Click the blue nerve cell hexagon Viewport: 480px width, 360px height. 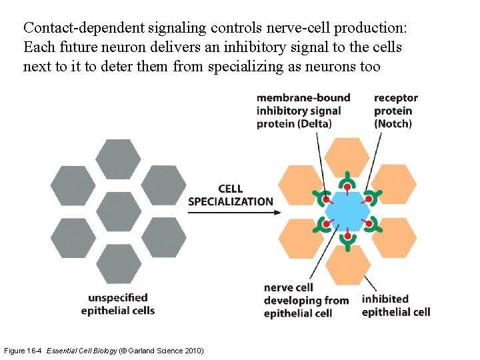(347, 211)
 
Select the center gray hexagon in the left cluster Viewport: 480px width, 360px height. (119, 211)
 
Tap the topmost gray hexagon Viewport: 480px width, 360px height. (119, 159)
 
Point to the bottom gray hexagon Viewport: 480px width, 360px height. (119, 264)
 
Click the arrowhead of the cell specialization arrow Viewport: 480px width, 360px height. (277, 213)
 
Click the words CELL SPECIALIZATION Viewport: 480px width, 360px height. (231, 195)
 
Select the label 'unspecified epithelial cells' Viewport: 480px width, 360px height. (118, 304)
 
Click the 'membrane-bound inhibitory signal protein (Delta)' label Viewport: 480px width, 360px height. (303, 111)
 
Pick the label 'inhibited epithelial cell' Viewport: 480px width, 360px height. (395, 305)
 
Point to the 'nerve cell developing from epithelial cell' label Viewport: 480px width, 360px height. (306, 300)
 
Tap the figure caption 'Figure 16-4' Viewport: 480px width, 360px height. (24, 351)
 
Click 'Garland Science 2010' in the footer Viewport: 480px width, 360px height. (166, 351)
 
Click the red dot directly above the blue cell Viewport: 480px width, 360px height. (347, 187)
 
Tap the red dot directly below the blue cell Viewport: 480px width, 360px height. (347, 236)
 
